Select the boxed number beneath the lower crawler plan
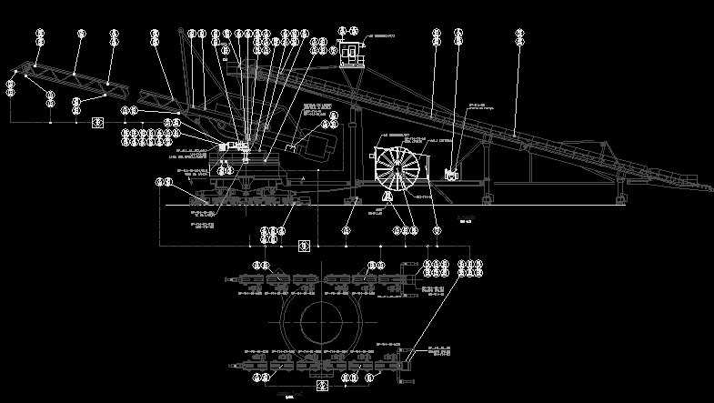pos(320,386)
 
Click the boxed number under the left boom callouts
pos(97,122)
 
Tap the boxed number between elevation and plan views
pos(305,246)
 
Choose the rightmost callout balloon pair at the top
pos(520,36)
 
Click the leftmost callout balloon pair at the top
pos(40,36)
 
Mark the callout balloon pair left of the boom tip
pos(10,88)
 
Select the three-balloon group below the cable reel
pos(405,231)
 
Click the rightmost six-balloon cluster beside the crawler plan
pos(470,268)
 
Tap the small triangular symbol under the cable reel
pos(386,196)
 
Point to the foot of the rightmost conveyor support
pos(619,198)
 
